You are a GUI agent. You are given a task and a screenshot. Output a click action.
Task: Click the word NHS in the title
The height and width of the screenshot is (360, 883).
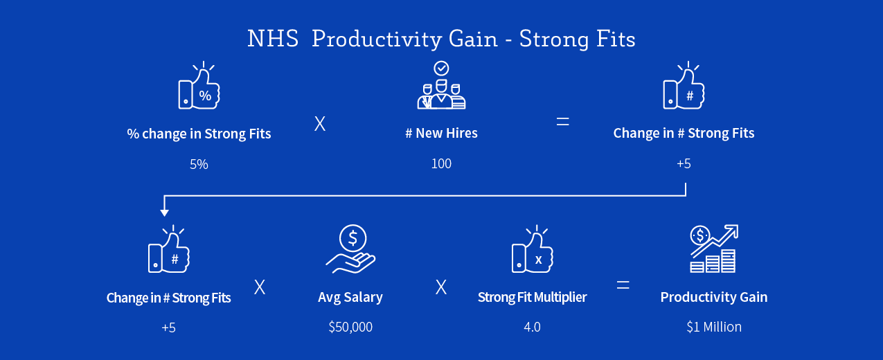click(273, 39)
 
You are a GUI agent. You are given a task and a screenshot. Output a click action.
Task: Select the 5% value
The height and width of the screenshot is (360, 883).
click(199, 164)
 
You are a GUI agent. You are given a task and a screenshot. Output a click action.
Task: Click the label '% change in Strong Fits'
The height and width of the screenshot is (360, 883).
click(199, 134)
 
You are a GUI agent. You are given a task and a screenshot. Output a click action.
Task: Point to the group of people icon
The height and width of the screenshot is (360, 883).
click(442, 85)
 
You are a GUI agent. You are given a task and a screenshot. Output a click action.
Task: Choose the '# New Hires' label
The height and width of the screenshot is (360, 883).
click(442, 133)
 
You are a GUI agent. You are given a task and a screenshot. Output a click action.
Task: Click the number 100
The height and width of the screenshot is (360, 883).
click(441, 163)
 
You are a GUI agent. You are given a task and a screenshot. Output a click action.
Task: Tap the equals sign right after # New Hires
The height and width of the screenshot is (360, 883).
click(562, 121)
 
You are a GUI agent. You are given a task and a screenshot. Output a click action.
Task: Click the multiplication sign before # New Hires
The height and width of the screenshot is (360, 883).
click(320, 124)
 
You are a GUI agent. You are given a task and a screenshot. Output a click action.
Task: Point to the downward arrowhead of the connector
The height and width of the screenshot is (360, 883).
click(164, 213)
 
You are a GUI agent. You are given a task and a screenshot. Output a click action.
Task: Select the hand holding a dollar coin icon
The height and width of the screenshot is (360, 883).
click(350, 249)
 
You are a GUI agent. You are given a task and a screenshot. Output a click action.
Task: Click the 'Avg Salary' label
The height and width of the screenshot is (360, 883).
click(350, 298)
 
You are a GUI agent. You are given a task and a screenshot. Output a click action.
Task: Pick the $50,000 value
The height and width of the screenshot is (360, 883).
click(350, 327)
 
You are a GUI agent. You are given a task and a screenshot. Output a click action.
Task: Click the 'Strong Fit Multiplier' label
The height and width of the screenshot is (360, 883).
click(532, 298)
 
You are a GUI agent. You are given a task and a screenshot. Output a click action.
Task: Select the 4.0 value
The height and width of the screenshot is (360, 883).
click(532, 327)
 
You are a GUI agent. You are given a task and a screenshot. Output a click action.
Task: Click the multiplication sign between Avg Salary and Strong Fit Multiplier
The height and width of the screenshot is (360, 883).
click(441, 287)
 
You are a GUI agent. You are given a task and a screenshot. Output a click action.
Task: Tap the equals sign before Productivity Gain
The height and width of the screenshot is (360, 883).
click(623, 285)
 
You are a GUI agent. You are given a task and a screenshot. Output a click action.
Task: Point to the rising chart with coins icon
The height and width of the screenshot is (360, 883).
click(713, 249)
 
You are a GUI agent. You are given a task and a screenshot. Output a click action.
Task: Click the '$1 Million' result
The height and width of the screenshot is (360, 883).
click(714, 327)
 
